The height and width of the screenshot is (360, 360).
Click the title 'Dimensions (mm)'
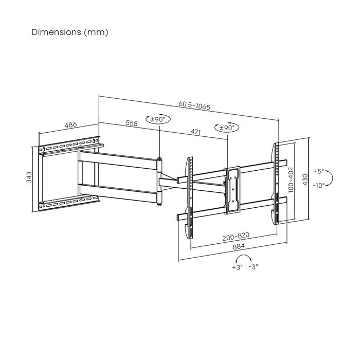click(x=70, y=32)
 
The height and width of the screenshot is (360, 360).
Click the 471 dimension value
click(x=195, y=132)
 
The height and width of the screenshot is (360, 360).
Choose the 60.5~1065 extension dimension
click(x=195, y=105)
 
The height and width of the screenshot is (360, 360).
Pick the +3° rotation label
click(x=237, y=267)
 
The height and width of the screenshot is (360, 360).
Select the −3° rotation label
click(x=253, y=267)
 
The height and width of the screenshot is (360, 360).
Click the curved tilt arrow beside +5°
click(x=332, y=178)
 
